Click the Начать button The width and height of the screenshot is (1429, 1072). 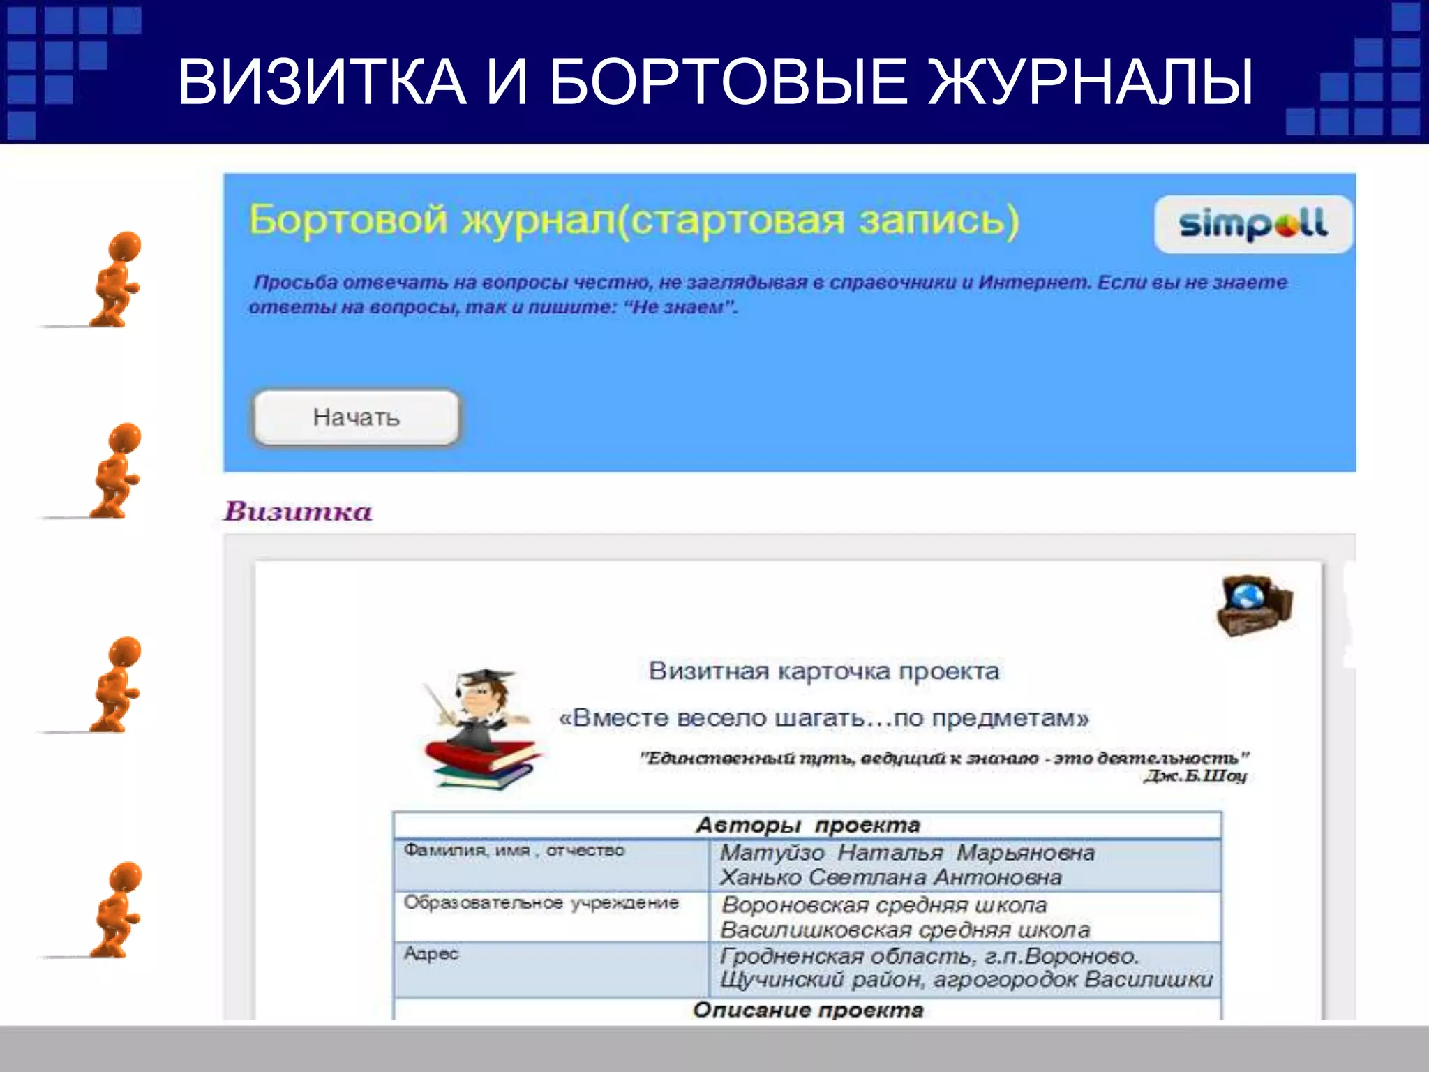[x=356, y=417]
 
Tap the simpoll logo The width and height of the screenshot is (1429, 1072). [x=1252, y=224]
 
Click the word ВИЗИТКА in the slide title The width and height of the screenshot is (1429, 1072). [x=322, y=82]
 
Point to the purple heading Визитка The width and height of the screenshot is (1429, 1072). [x=298, y=512]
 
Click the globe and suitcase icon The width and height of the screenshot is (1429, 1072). [x=1254, y=605]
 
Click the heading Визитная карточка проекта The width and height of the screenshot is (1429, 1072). [x=823, y=671]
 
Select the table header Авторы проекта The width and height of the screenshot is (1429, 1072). [x=807, y=826]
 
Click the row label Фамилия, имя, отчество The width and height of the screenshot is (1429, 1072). [x=514, y=851]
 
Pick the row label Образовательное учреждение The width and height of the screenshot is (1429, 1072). [x=541, y=903]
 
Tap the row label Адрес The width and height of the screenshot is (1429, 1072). [x=431, y=954]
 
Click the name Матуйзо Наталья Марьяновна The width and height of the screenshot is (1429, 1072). [x=907, y=853]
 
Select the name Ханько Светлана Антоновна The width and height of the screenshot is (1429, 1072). [x=890, y=877]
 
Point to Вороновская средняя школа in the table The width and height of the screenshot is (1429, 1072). [x=884, y=905]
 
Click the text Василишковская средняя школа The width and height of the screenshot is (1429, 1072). [x=905, y=930]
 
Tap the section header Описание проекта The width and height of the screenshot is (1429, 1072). [x=807, y=1011]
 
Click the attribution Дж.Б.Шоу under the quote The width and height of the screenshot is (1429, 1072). [x=1195, y=776]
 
